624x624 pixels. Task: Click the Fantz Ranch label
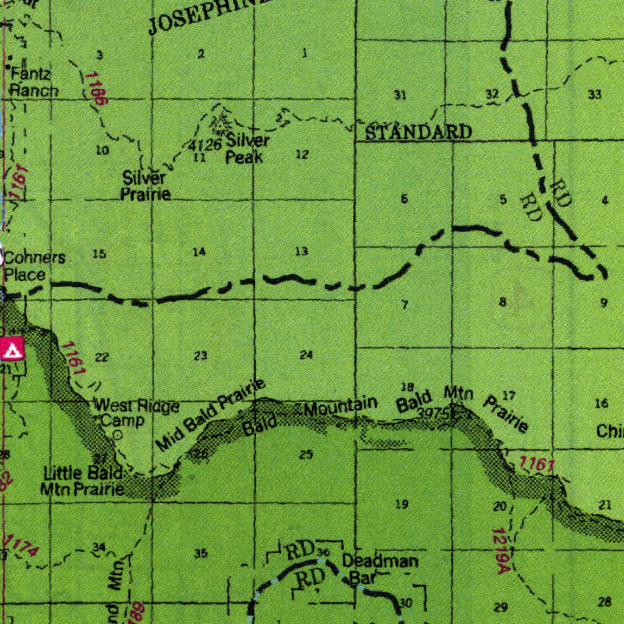click(x=34, y=83)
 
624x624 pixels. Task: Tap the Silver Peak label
click(x=246, y=149)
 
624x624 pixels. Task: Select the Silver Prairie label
click(x=145, y=186)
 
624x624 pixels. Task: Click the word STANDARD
click(x=419, y=132)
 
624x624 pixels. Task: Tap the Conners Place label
click(x=34, y=266)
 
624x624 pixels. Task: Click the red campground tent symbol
click(x=12, y=349)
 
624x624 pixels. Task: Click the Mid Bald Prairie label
click(x=210, y=415)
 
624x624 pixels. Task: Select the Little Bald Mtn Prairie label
click(x=84, y=480)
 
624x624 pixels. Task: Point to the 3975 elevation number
click(x=433, y=413)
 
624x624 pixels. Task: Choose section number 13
click(x=302, y=252)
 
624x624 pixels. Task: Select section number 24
click(x=306, y=355)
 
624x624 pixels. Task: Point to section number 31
click(x=400, y=95)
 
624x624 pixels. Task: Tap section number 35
click(x=200, y=553)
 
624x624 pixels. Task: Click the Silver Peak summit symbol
click(x=218, y=122)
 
